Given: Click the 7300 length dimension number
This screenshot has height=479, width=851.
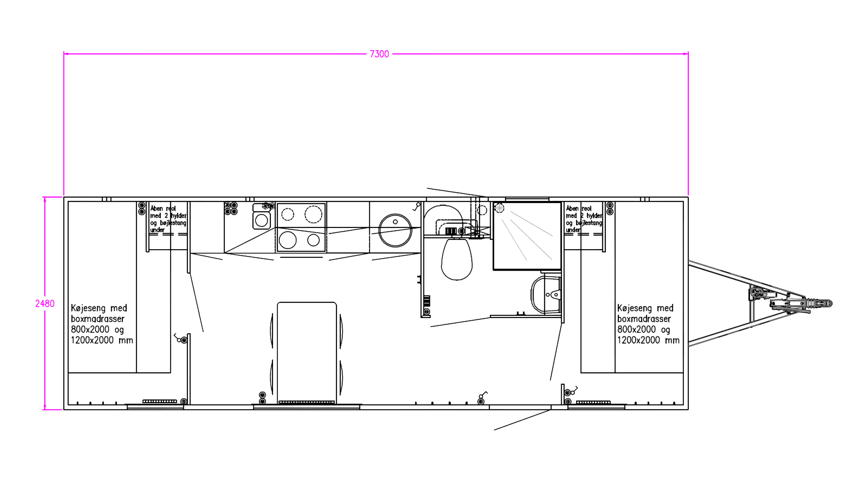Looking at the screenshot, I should coord(379,54).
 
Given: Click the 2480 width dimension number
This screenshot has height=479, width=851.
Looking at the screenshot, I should coord(45,304).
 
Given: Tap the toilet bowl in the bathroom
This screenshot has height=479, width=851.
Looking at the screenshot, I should coord(456,259).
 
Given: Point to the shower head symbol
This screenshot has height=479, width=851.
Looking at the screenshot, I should coord(500,208).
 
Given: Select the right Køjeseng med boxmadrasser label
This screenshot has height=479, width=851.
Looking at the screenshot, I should coord(647,324).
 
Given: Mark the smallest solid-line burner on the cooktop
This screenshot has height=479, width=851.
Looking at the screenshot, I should coord(313,240).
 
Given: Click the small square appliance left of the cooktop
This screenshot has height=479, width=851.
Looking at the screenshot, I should coord(261,220).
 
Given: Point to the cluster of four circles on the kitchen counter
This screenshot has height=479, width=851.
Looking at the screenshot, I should coord(230,208).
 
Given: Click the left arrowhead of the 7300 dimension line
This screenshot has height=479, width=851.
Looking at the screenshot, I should coord(66,54).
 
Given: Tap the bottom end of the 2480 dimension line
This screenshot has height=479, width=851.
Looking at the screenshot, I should coord(45,408).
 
